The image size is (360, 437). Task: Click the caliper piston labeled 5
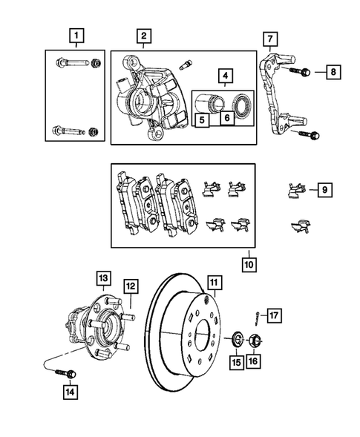pos(210,102)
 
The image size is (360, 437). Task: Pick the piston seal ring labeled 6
pos(242,103)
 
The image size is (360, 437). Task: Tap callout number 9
pos(324,191)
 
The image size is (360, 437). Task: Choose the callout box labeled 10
pos(248,263)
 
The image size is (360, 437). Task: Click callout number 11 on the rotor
pos(214,282)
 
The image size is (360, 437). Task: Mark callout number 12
pos(130,286)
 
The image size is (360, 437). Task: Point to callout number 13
pos(102,278)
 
